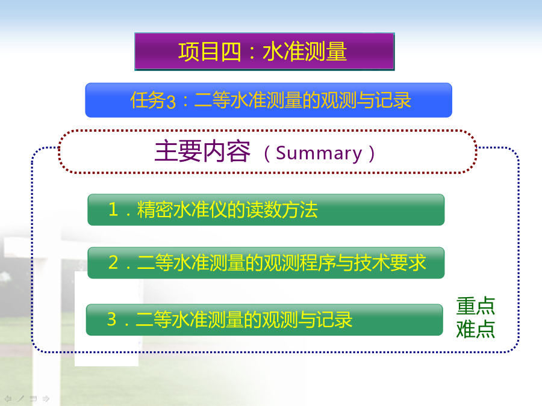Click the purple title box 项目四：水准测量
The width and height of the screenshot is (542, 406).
264,52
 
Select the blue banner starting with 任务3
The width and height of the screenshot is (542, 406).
269,100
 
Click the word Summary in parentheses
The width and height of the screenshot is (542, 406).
319,153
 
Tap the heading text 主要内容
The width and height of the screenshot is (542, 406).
202,152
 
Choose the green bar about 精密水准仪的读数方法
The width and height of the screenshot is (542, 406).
266,209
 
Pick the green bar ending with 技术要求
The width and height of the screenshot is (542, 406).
266,263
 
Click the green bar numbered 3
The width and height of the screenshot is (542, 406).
264,320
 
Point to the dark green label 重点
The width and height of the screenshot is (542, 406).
475,306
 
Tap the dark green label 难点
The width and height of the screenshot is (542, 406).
475,329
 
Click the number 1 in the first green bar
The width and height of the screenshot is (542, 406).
113,209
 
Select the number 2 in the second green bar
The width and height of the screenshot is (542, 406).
113,262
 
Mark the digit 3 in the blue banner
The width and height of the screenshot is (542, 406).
171,102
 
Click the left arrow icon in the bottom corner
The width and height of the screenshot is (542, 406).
8,399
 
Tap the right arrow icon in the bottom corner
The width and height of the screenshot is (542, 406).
46,399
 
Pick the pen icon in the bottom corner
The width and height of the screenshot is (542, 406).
20,399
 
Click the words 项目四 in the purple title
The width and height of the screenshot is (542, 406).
210,52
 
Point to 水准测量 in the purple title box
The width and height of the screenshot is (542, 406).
305,52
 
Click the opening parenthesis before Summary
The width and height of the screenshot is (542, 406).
267,153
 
